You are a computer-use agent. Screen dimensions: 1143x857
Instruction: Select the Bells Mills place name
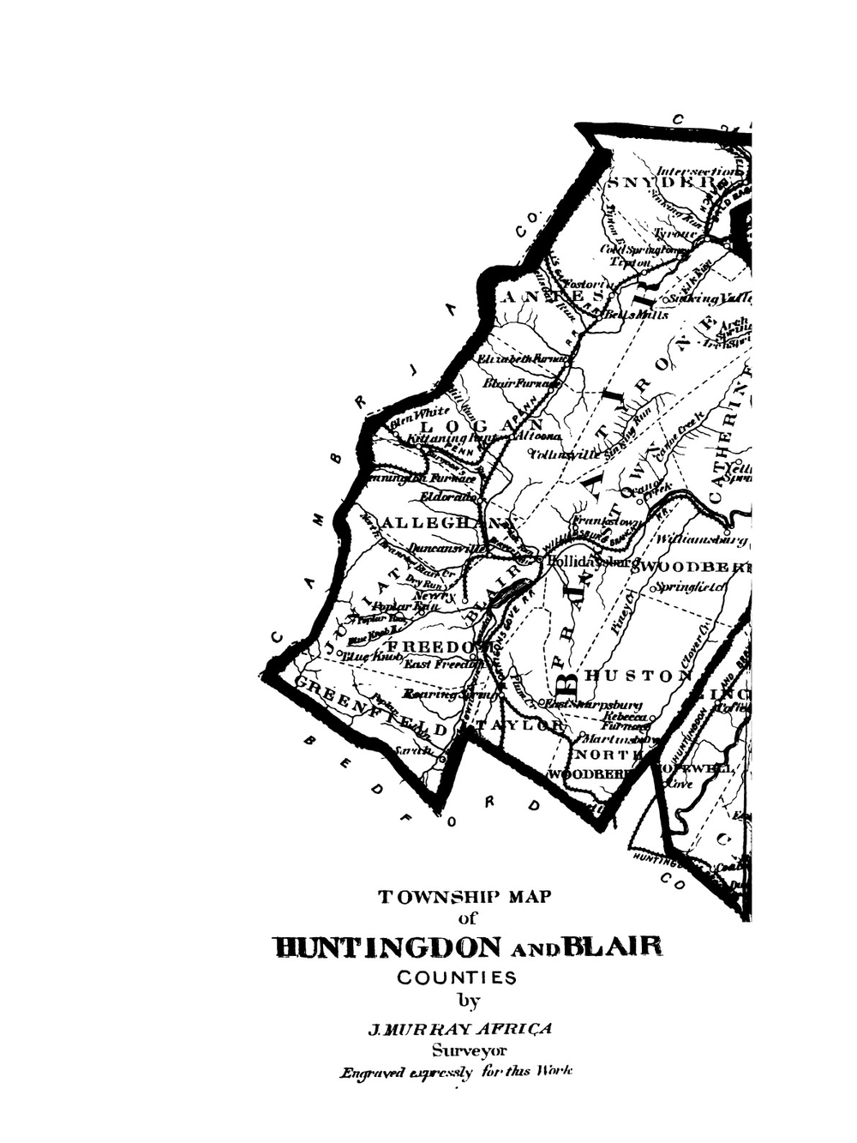coord(637,315)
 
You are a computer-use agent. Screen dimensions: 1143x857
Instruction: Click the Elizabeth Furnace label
coord(522,357)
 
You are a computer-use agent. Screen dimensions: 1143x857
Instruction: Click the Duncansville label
coord(446,546)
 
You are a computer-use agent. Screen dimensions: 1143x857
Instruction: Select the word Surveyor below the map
coord(469,1050)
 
